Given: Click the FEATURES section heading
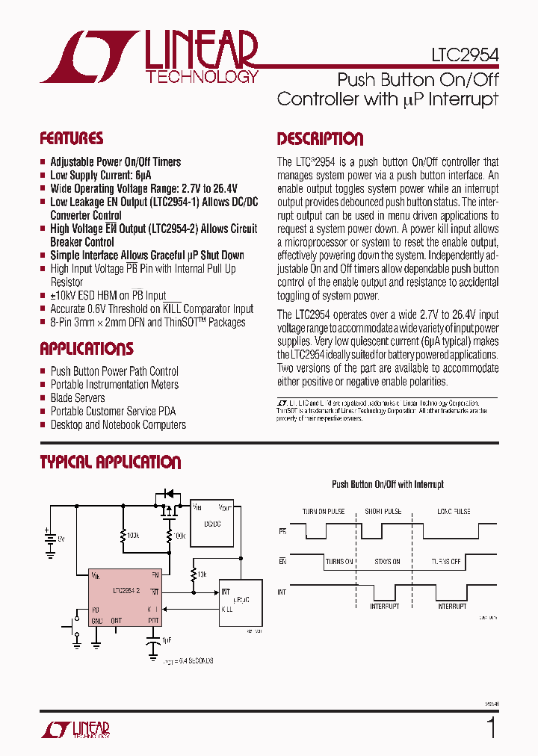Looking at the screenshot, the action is click(72, 138).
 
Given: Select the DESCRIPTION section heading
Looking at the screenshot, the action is click(320, 139).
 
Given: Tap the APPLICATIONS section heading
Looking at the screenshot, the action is click(87, 349).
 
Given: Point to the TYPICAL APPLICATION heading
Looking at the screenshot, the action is click(111, 462).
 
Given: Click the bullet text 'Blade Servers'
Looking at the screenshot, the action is click(78, 398).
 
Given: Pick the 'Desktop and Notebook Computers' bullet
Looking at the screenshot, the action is click(118, 425).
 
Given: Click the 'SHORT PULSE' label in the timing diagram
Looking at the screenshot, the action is click(383, 512).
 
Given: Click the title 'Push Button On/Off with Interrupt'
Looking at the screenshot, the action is click(388, 485).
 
